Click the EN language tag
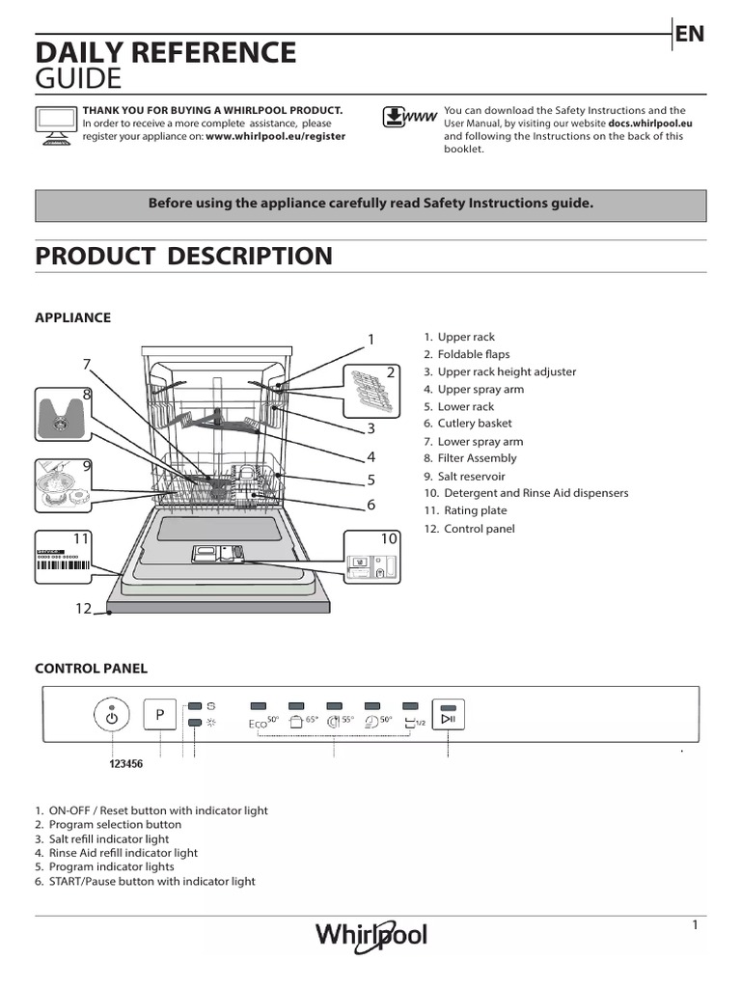pyautogui.click(x=689, y=34)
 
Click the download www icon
pyautogui.click(x=406, y=119)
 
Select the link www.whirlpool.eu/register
pyautogui.click(x=275, y=136)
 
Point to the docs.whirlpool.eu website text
pyautogui.click(x=649, y=123)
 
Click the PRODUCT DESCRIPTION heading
pyautogui.click(x=183, y=256)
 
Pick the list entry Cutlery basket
pyautogui.click(x=473, y=424)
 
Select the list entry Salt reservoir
pyautogui.click(x=470, y=476)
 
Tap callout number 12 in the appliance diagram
pyautogui.click(x=82, y=608)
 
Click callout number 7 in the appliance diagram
pyautogui.click(x=86, y=364)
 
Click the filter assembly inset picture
pyautogui.click(x=62, y=414)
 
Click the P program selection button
pyautogui.click(x=159, y=715)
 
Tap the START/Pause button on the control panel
pyautogui.click(x=449, y=715)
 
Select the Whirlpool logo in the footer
pyautogui.click(x=371, y=935)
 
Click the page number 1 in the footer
pyautogui.click(x=694, y=925)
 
